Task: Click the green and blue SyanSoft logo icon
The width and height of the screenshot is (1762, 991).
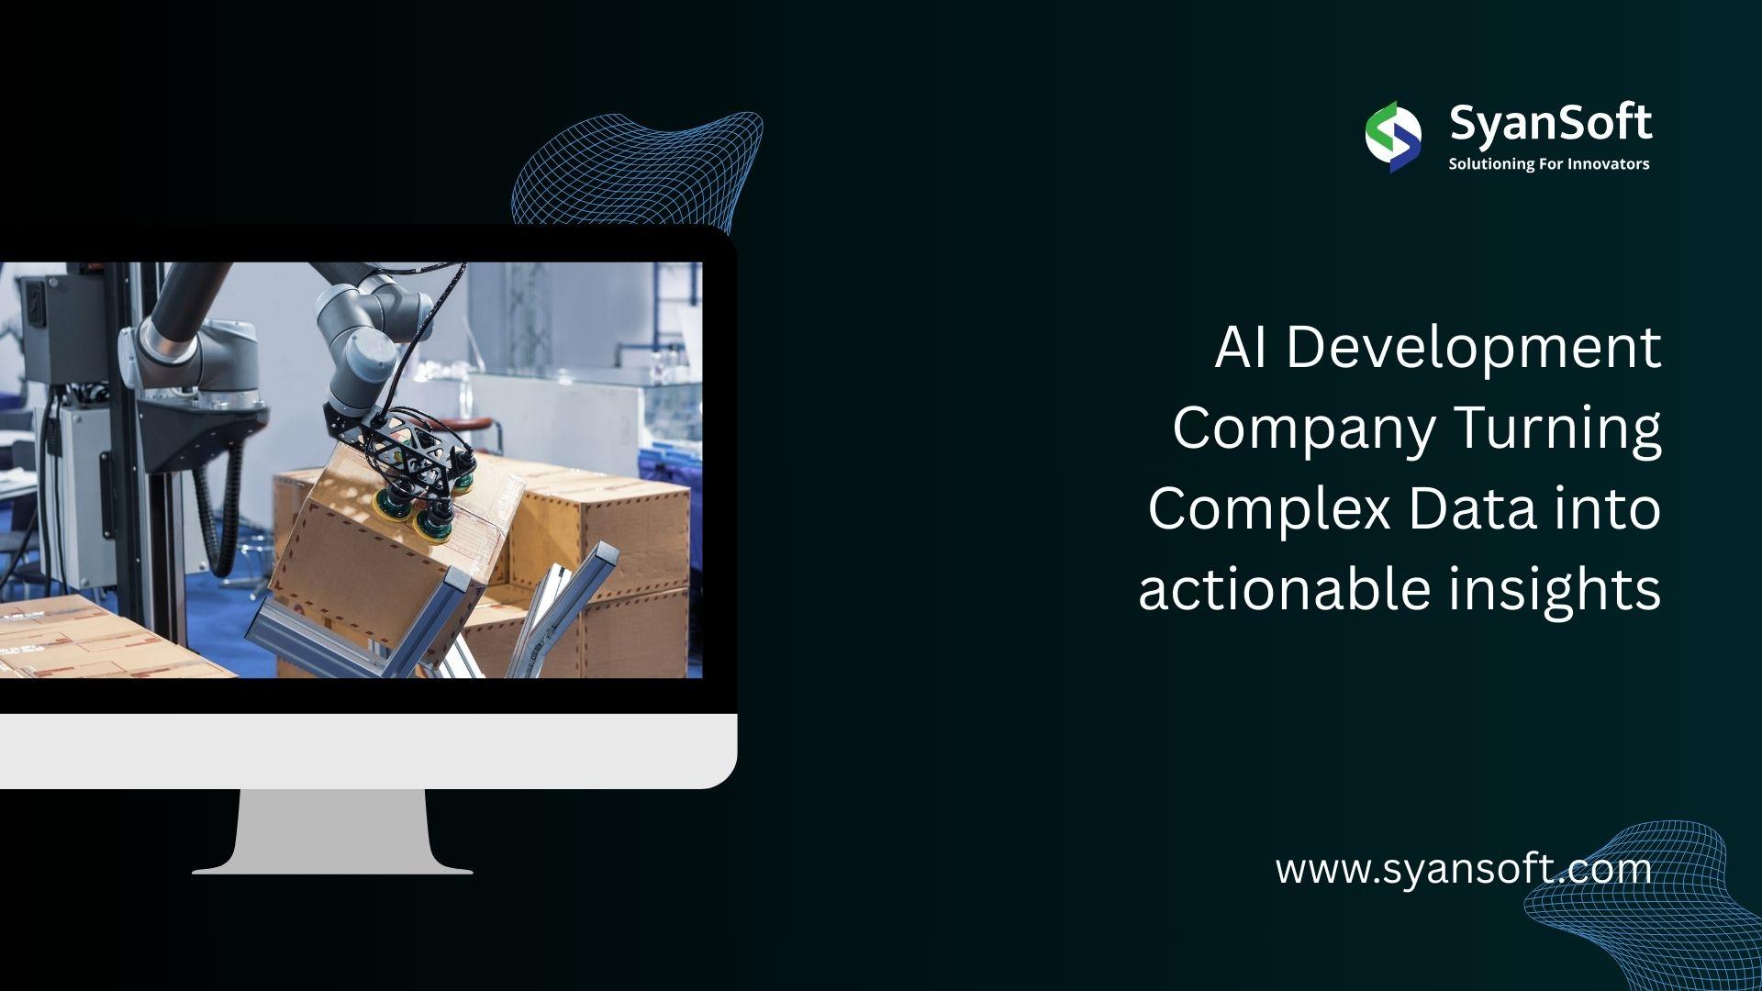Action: (x=1393, y=137)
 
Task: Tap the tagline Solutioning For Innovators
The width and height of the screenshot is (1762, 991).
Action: (x=1549, y=164)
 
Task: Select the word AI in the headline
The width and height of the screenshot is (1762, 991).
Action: (x=1243, y=348)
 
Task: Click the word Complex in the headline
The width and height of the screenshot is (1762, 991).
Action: (x=1270, y=510)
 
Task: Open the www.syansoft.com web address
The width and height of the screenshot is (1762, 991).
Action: (x=1464, y=869)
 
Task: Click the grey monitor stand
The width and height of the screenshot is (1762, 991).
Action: (x=333, y=831)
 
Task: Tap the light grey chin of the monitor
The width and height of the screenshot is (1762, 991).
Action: (x=367, y=752)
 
